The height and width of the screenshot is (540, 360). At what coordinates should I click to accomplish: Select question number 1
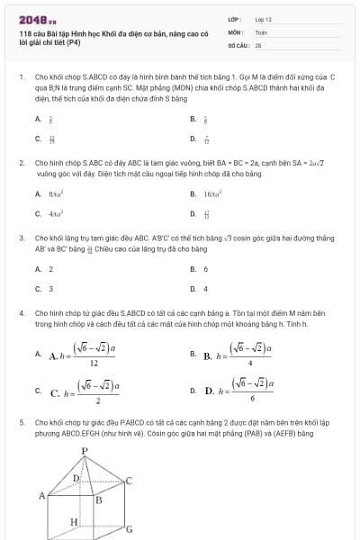pos(21,78)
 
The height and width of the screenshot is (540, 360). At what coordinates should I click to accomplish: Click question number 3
pos(21,238)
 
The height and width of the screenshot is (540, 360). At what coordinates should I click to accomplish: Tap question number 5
pos(21,421)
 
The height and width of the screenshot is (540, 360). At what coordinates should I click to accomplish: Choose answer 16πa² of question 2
pos(212,193)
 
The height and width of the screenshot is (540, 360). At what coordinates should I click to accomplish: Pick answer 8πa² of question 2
pos(57,193)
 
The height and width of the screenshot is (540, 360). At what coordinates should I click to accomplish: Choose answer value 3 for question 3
pos(50,289)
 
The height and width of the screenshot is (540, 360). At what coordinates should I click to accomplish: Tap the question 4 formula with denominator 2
pos(86,391)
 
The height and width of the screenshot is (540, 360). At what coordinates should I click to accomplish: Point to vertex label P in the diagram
pos(84,450)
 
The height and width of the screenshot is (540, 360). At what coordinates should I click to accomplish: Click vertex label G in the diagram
pos(130,529)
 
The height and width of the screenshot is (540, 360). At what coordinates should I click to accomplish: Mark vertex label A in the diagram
pos(41,495)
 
